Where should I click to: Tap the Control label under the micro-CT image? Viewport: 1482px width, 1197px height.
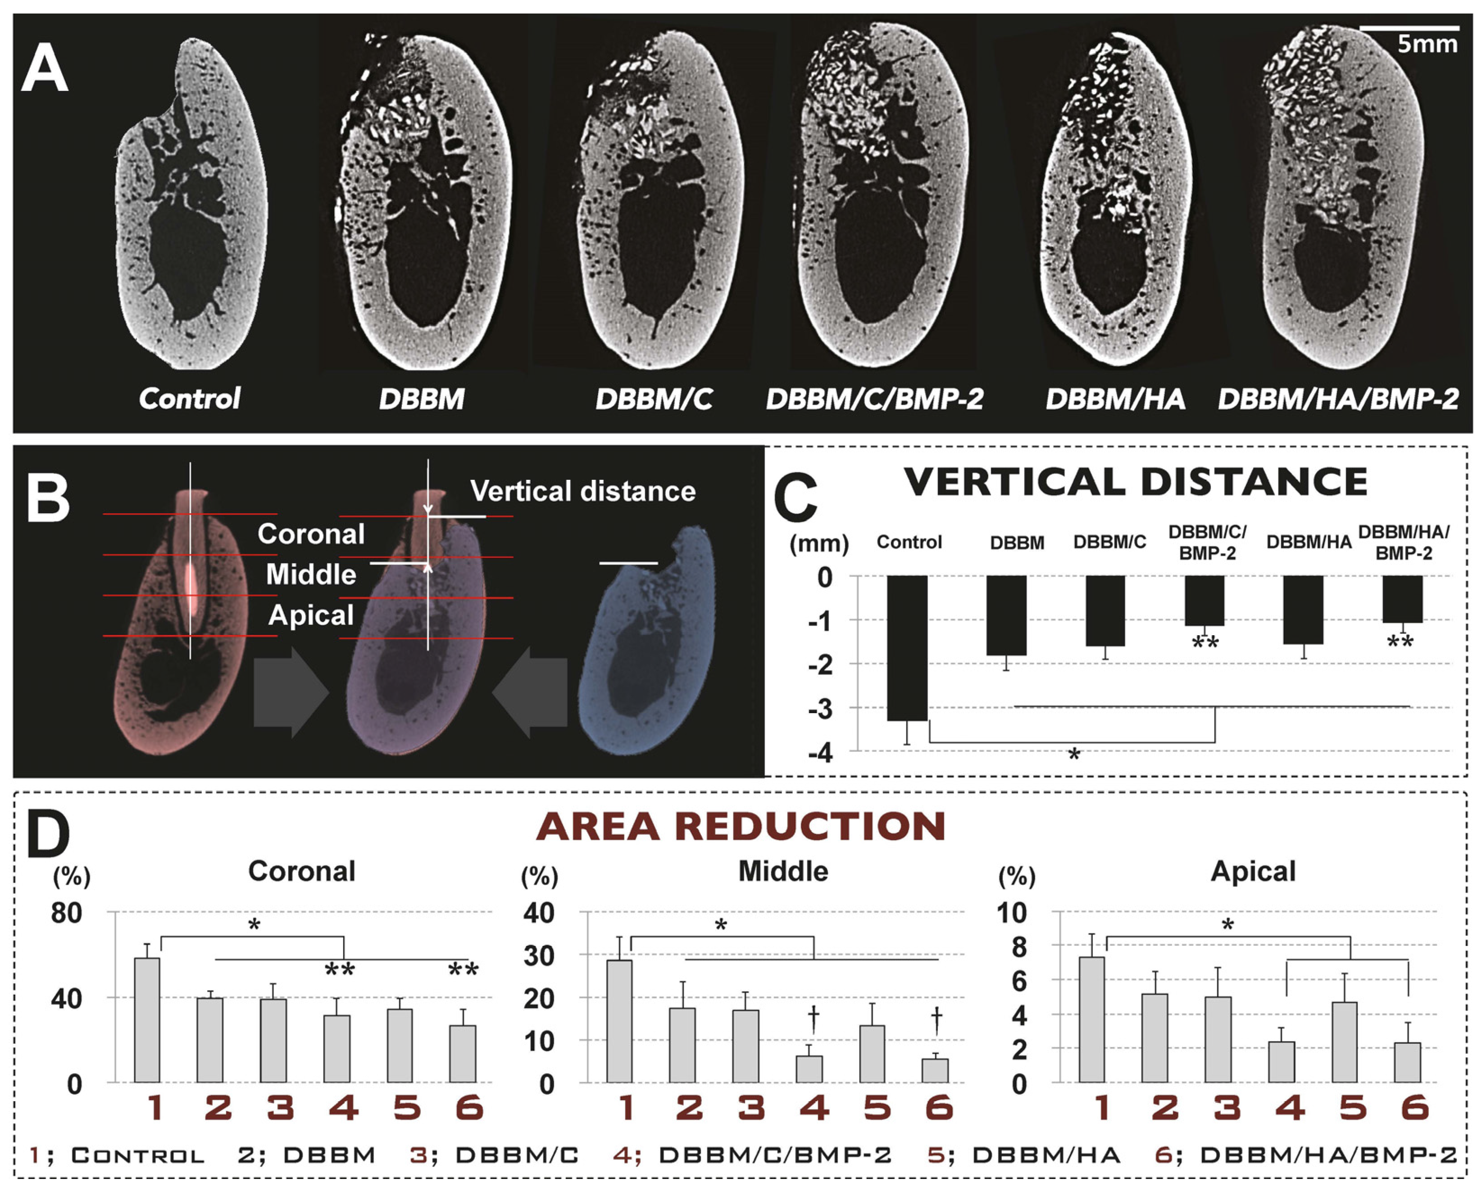190,399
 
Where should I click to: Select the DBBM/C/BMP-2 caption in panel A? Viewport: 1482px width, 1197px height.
874,399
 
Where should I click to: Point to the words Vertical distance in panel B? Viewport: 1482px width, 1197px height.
582,491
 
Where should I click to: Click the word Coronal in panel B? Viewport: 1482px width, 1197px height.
311,534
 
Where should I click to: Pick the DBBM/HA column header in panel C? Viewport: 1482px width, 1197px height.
1308,543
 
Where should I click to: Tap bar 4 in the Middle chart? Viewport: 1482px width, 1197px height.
809,1069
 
